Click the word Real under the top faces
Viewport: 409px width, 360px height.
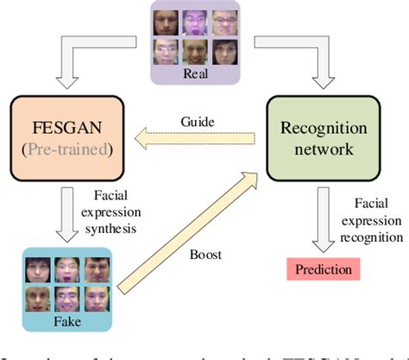click(196, 74)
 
